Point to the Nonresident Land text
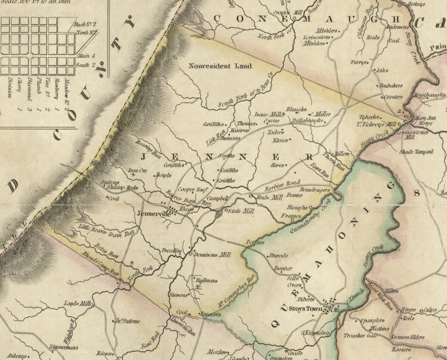tap(220, 66)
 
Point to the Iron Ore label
tap(138, 170)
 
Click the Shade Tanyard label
tap(417, 152)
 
